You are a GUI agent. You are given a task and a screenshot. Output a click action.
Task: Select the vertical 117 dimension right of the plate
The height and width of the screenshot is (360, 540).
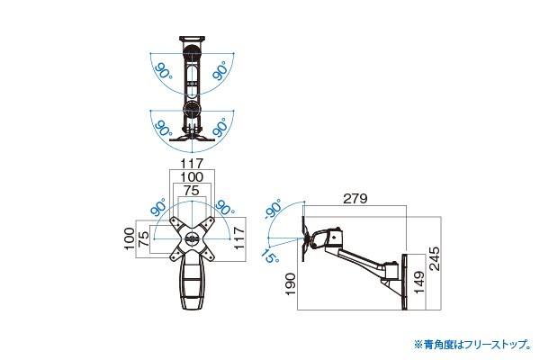(x=239, y=238)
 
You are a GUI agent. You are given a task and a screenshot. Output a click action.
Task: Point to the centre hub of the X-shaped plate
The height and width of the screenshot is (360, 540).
(x=192, y=239)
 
